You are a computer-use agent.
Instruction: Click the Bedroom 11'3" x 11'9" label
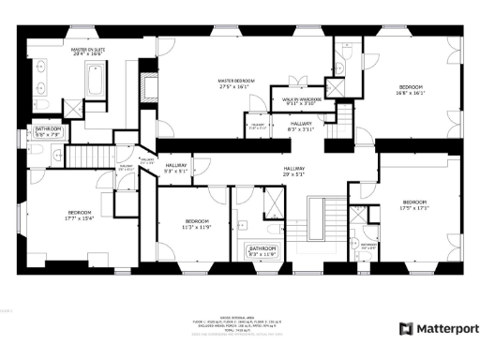point(190,223)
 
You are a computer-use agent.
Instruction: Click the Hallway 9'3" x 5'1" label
point(175,169)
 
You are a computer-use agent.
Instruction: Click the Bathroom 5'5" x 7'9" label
point(47,130)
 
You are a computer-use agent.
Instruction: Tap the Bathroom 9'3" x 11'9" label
point(262,250)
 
